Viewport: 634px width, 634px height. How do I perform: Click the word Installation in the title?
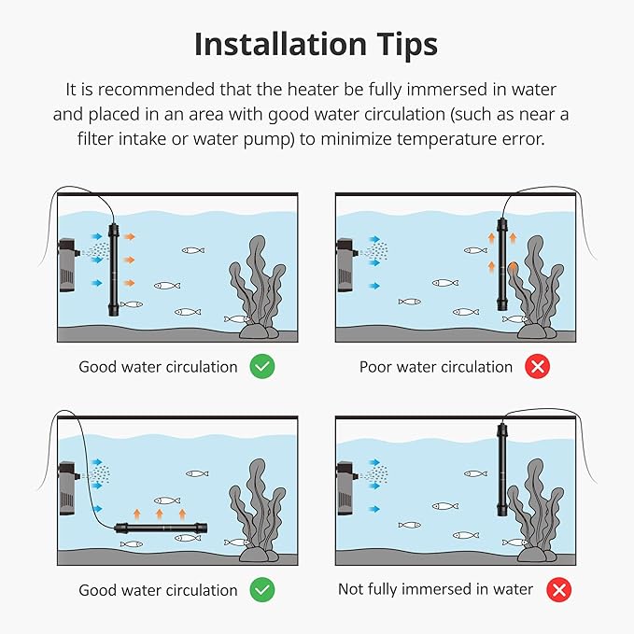point(280,44)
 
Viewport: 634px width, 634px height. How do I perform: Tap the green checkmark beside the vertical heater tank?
point(262,366)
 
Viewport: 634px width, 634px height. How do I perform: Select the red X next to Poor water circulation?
point(538,366)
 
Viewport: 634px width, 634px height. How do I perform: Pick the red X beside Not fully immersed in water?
point(558,590)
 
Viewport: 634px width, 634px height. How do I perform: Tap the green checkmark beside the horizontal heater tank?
point(262,589)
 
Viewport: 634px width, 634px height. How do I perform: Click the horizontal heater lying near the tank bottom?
point(161,528)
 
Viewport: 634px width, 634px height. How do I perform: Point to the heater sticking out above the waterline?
point(501,470)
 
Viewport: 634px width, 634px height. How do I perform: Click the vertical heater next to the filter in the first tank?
point(114,269)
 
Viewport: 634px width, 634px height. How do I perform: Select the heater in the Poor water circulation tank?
point(502,264)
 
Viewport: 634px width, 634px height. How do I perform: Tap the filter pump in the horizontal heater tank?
point(67,488)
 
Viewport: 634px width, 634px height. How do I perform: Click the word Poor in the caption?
point(374,367)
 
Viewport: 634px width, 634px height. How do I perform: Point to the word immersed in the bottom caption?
point(438,589)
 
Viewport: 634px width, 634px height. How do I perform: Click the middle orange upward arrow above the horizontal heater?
point(160,514)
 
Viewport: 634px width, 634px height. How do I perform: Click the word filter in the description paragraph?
point(96,139)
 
